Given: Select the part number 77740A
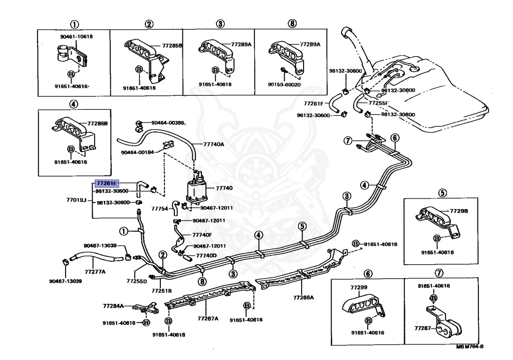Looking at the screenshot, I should (x=214, y=144).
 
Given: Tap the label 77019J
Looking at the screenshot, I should (x=77, y=200).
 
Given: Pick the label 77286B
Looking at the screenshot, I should (x=98, y=123).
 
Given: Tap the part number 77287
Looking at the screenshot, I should (x=422, y=327).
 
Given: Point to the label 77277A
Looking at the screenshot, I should (x=95, y=272).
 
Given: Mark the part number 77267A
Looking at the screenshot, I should (x=208, y=318).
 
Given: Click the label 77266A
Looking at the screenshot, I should (x=304, y=297).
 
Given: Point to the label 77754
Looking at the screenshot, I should (x=160, y=208).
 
